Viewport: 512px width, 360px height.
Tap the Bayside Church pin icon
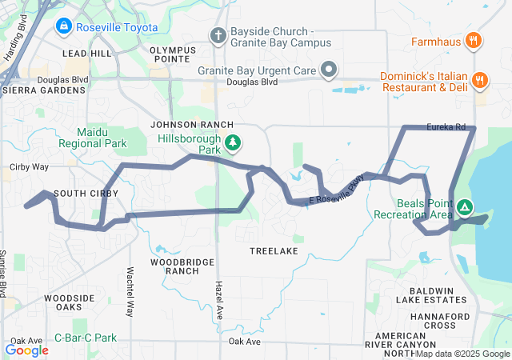coord(218,35)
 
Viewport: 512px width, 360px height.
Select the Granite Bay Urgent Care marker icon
coord(328,70)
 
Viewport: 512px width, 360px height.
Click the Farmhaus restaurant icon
coord(474,41)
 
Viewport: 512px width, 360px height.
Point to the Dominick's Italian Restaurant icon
coord(480,79)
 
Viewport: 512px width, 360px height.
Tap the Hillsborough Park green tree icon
coord(233,143)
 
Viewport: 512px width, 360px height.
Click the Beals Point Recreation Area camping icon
coord(465,209)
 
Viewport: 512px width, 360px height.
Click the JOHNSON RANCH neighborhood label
coord(193,125)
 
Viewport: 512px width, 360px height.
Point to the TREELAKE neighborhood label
coord(274,251)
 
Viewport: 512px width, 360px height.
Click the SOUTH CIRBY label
coord(86,194)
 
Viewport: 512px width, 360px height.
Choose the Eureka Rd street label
coord(446,126)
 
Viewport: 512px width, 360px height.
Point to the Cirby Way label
coord(30,167)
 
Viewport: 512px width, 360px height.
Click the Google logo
coord(26,350)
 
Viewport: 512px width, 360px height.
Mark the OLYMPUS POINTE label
coord(172,54)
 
